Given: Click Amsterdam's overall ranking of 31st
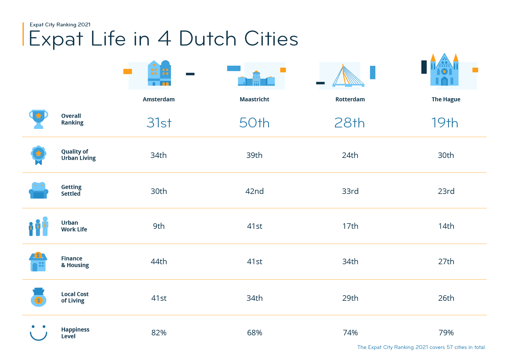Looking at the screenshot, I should pos(159,123).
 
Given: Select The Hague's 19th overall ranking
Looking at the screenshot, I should pos(445,123).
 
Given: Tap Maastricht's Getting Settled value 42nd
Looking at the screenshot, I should pos(255,191).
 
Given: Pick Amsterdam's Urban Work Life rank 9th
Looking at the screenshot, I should pos(159,226).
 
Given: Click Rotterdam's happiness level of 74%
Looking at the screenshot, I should pos(350,333).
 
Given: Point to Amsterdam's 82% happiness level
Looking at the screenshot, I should pos(159,333).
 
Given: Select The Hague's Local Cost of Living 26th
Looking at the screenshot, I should pos(446,298).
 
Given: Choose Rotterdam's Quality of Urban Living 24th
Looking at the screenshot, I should pos(350,155).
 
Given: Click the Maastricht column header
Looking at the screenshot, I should pos(255,99).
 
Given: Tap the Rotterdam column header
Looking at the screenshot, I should pos(350,99).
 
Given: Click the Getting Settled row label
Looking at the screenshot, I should pos(71,190).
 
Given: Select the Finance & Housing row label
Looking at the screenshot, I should pos(75,262).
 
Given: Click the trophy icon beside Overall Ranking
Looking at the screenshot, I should pos(38,119).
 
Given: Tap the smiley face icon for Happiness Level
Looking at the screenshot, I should pos(38,333).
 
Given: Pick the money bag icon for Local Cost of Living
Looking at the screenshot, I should pos(38,297).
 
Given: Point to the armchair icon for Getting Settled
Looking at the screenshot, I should pos(38,190).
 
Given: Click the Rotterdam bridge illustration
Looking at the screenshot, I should pos(348,76).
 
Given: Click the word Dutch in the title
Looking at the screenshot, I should pos(208,39).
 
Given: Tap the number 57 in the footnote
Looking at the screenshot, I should pos(450,347).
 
